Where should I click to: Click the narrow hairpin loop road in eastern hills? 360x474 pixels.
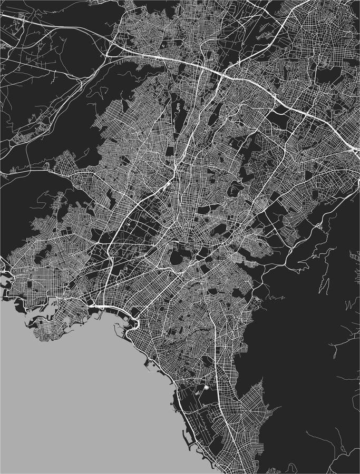pyautogui.click(x=325, y=284)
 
